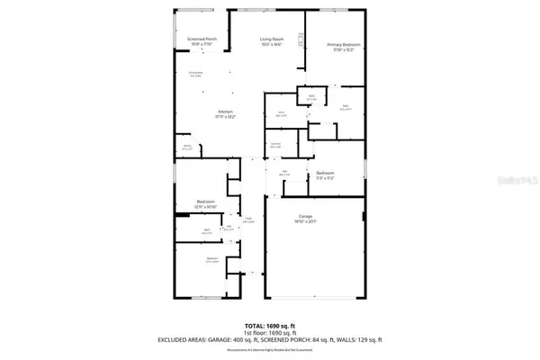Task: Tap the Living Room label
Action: pos(272,40)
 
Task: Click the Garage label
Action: pos(306,217)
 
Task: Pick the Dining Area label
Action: pos(195,73)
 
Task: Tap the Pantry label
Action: pos(187,145)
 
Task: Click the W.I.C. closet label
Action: pos(281,112)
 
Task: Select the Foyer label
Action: pos(248,218)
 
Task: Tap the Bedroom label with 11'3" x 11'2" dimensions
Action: pos(325,172)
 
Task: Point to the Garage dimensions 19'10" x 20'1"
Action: pos(306,222)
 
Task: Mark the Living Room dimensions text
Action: pos(272,45)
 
